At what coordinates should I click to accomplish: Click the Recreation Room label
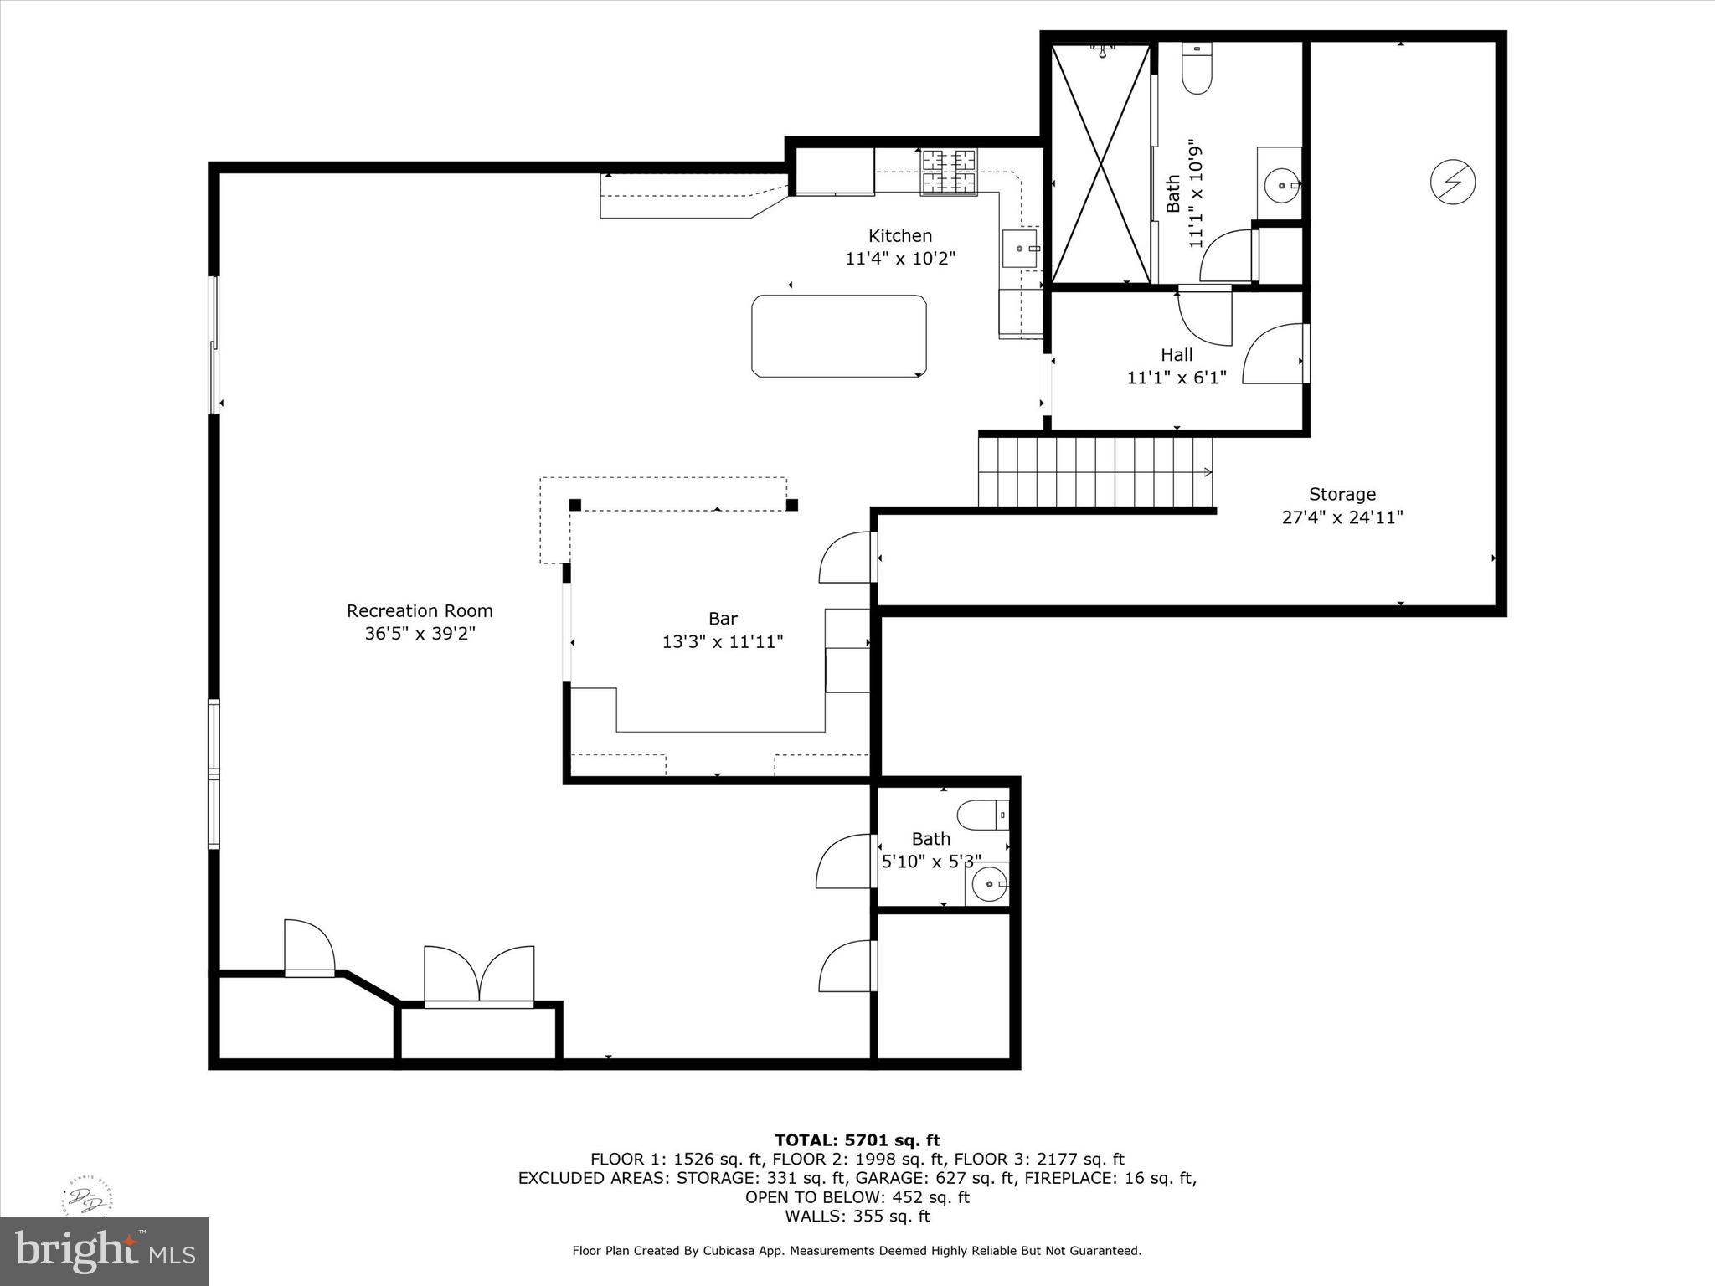point(420,611)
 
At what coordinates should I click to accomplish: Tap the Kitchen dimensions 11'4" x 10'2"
point(900,259)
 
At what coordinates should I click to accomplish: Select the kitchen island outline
point(839,336)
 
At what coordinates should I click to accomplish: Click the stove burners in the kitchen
point(949,172)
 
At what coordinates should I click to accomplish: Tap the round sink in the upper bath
point(1280,186)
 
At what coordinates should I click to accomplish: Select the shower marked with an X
point(1101,164)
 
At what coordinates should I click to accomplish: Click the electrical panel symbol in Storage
point(1452,182)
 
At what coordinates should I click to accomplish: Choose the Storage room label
point(1342,495)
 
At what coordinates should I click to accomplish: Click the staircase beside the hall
point(1095,473)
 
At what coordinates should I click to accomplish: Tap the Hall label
point(1177,355)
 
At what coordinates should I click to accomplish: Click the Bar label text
point(723,619)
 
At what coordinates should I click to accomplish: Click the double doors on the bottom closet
point(479,975)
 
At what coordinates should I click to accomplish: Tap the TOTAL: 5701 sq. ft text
point(857,1140)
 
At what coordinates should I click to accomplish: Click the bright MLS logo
point(104,1251)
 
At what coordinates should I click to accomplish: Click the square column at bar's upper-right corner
point(792,505)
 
